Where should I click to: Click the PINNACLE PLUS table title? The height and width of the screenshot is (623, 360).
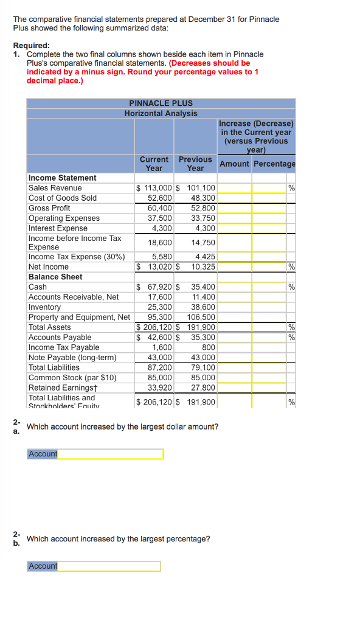161,103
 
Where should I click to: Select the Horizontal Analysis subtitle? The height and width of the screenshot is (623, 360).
161,113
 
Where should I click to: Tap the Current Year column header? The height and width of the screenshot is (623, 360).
154,164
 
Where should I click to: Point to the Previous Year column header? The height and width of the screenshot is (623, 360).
195,164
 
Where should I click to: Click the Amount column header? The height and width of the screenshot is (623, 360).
234,164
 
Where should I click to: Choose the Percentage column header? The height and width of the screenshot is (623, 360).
274,164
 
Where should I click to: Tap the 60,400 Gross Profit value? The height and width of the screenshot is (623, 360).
160,208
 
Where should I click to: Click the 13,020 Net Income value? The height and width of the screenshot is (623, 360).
159,266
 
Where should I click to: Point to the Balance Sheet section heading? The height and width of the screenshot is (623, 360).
55,277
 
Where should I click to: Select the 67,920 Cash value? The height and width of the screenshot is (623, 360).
159,287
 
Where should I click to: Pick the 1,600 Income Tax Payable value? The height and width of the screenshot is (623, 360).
162,347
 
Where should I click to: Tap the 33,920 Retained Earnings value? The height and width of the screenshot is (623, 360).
160,388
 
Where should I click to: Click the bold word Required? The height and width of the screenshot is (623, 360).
32,46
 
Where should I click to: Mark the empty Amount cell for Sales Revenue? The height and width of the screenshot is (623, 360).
234,188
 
